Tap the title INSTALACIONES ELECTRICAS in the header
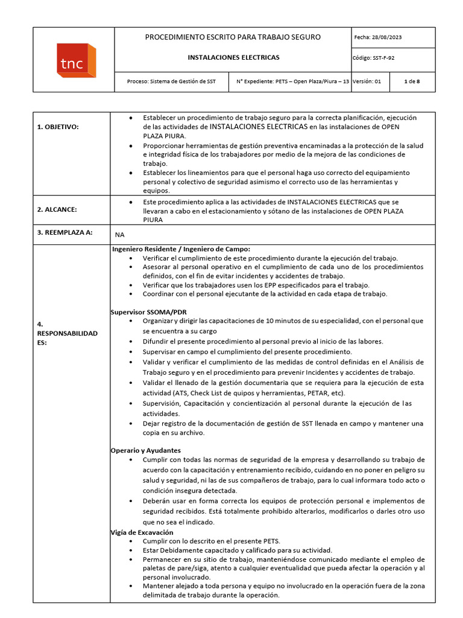pos(233,58)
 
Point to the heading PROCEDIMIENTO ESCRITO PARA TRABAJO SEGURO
pos(233,37)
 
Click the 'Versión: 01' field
pos(367,81)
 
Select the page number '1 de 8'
pos(412,81)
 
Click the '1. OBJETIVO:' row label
pos(58,127)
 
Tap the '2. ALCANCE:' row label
pos(57,209)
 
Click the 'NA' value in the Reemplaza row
pos(119,235)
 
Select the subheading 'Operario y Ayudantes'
pos(145,450)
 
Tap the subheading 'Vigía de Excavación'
pos(142,532)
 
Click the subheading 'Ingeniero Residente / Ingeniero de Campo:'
pos(181,249)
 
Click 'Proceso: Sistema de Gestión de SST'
pos(171,81)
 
